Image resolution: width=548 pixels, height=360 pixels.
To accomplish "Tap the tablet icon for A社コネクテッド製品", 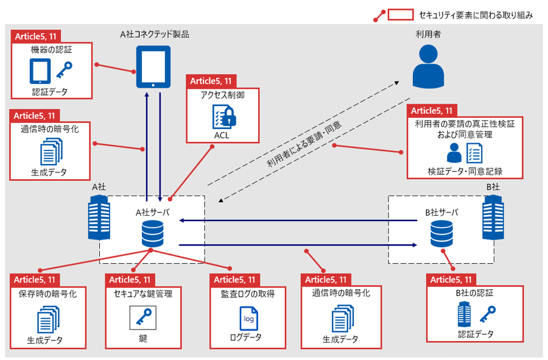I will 152,66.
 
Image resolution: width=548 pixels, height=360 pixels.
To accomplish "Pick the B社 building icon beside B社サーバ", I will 492,219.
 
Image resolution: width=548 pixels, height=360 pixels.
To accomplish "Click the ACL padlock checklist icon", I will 222,116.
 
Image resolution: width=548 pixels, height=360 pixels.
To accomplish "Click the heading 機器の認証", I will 51,49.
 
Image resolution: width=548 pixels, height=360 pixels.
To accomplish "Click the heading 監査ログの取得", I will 248,293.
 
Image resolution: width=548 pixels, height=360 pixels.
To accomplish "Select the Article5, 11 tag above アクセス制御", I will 211,81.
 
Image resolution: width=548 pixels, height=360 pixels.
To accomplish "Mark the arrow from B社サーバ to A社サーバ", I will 298,221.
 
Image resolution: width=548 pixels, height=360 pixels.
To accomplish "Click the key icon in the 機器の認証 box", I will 64,71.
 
